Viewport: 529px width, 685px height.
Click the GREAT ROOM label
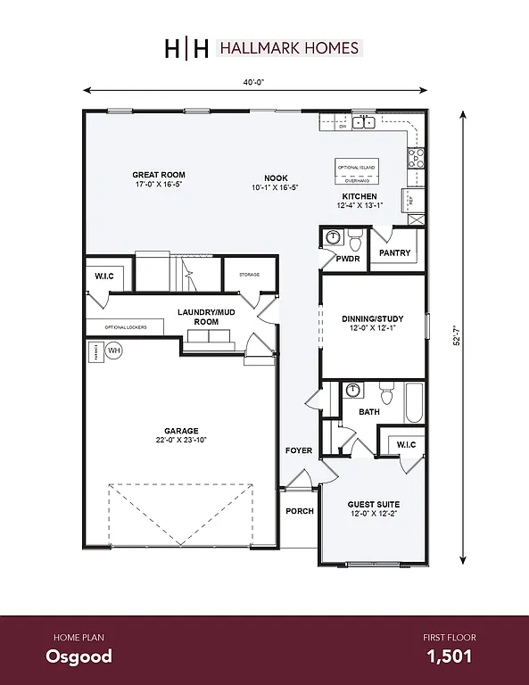pos(158,175)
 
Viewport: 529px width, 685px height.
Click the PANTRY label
pos(394,253)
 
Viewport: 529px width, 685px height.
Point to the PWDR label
pos(348,259)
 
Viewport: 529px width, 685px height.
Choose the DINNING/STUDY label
pos(373,318)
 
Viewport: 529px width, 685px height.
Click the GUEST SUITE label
pos(373,504)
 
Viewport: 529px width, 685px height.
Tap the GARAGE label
pos(181,431)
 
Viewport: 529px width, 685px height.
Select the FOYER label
pos(299,450)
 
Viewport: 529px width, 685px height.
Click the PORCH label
pos(299,512)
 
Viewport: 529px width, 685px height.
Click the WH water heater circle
pos(113,351)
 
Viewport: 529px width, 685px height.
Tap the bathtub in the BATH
pos(413,402)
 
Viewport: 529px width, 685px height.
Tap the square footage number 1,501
pos(449,657)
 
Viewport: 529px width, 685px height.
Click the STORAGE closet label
pos(249,274)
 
